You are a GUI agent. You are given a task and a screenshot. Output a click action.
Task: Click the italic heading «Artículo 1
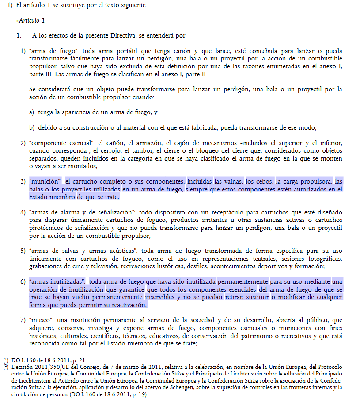point(30,21)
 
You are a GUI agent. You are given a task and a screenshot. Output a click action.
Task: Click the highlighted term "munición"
point(45,182)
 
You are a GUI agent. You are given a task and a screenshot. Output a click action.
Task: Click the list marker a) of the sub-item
point(32,112)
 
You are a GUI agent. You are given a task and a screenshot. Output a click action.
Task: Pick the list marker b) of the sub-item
point(32,128)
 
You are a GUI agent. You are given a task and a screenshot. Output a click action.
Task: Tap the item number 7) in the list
point(23,319)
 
